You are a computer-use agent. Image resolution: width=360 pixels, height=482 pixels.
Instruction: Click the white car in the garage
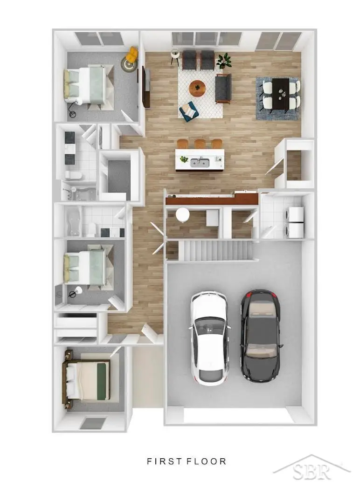(210, 338)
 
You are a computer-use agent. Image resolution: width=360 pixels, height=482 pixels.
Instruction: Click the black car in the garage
(260, 336)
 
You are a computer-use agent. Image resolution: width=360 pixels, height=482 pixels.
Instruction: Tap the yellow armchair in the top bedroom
(133, 54)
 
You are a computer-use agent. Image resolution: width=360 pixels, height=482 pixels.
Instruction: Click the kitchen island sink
(200, 162)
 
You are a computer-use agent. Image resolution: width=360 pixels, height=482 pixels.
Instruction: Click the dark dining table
(281, 93)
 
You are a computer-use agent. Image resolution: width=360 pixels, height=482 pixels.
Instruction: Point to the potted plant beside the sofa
(224, 61)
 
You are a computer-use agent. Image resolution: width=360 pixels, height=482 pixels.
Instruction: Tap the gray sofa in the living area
(223, 89)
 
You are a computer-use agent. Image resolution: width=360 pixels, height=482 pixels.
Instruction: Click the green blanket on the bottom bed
(104, 381)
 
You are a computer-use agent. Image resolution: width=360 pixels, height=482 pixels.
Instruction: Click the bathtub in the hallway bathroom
(73, 221)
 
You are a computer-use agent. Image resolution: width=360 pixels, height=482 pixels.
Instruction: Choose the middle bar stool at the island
(200, 144)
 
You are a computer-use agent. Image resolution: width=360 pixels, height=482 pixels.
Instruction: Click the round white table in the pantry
(183, 214)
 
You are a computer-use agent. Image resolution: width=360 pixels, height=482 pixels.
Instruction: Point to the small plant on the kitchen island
(184, 159)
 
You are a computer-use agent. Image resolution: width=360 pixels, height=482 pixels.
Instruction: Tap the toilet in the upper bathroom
(73, 175)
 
